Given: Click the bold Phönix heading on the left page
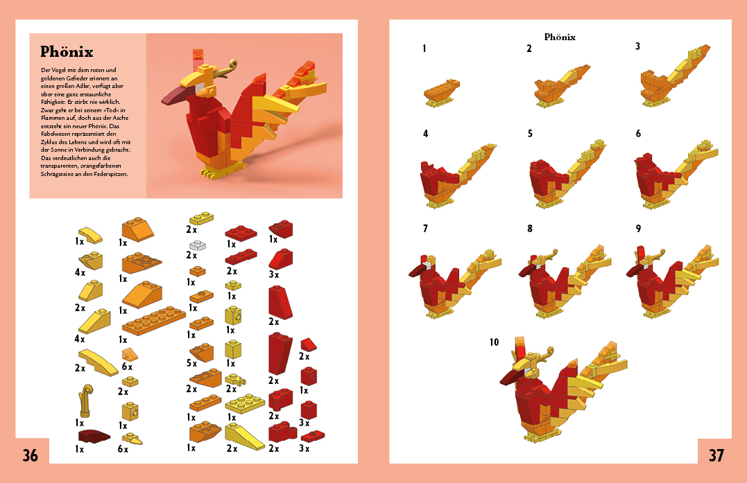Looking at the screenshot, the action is (x=67, y=51).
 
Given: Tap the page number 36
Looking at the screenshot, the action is (x=30, y=455).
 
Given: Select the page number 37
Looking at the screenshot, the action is (x=716, y=455).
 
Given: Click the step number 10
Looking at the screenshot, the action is (x=494, y=342).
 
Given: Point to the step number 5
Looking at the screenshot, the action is (x=530, y=134).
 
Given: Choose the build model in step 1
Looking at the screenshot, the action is (x=442, y=94).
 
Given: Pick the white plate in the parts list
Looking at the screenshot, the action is (x=197, y=245).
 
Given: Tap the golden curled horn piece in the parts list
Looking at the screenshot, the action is (x=86, y=401).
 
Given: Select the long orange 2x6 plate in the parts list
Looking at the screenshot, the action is (x=153, y=321).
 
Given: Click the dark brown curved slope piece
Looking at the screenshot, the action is (x=94, y=436).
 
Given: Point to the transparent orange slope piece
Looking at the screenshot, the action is (x=130, y=355).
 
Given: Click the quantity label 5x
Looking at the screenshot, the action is (x=191, y=363).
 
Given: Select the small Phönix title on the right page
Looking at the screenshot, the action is (x=560, y=37).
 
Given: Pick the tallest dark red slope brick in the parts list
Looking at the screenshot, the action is (x=280, y=353).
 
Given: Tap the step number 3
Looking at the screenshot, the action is (x=637, y=46).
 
